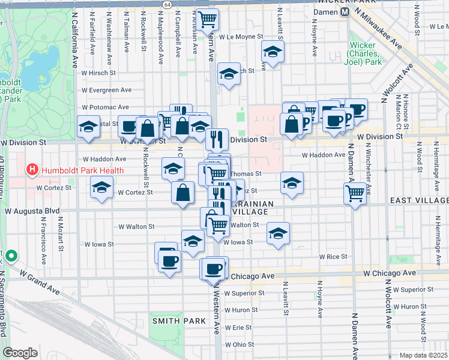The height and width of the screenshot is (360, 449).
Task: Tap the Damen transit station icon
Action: [x=345, y=11]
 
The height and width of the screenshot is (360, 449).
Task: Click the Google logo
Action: [x=20, y=352]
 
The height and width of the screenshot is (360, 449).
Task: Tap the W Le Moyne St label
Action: [x=241, y=36]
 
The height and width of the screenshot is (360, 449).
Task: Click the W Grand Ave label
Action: [x=40, y=282]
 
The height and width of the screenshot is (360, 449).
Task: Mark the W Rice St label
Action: [x=333, y=256]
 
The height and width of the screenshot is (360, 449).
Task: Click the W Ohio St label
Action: [x=239, y=344]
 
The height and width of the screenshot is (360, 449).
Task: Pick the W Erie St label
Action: [x=238, y=327]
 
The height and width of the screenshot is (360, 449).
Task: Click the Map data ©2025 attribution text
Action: [x=423, y=355]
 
